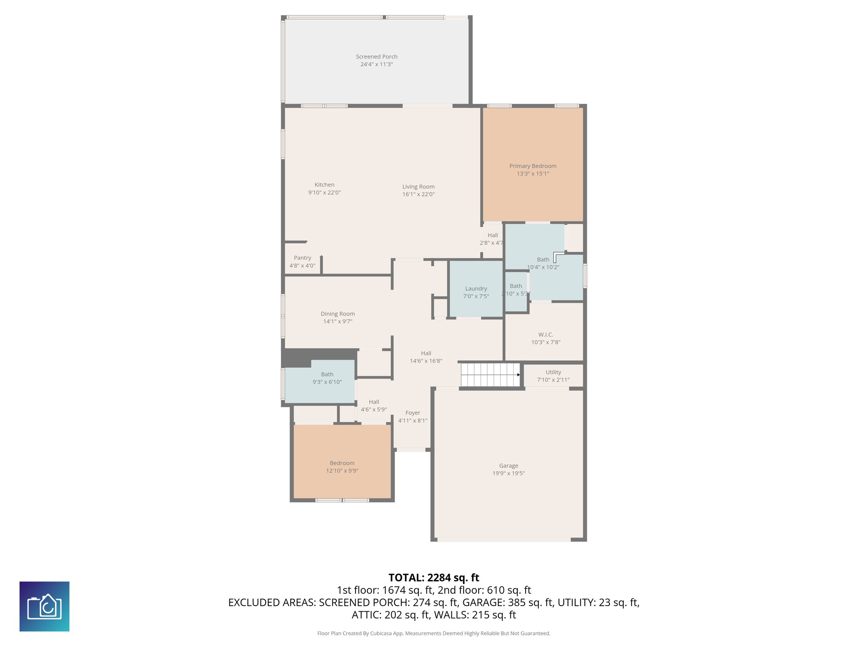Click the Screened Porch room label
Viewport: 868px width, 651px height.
point(376,56)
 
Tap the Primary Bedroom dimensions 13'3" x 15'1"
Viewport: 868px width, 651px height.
point(533,174)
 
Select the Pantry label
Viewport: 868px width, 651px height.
point(302,258)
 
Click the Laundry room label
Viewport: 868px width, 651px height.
point(476,289)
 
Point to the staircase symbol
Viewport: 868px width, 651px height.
point(490,375)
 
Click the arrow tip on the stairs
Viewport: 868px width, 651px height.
point(518,375)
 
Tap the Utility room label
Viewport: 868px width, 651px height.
point(553,372)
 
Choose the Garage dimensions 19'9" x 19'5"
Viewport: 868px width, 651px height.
point(508,473)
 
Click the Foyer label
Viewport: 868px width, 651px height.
point(412,413)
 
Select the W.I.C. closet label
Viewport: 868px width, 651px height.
point(545,335)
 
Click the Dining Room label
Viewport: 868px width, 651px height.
point(337,314)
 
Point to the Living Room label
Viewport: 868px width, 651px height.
point(418,186)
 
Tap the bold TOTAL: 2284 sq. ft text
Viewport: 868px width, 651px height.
point(434,578)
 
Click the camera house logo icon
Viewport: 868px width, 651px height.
point(45,606)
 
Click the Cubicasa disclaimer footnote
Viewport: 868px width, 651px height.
point(434,633)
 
